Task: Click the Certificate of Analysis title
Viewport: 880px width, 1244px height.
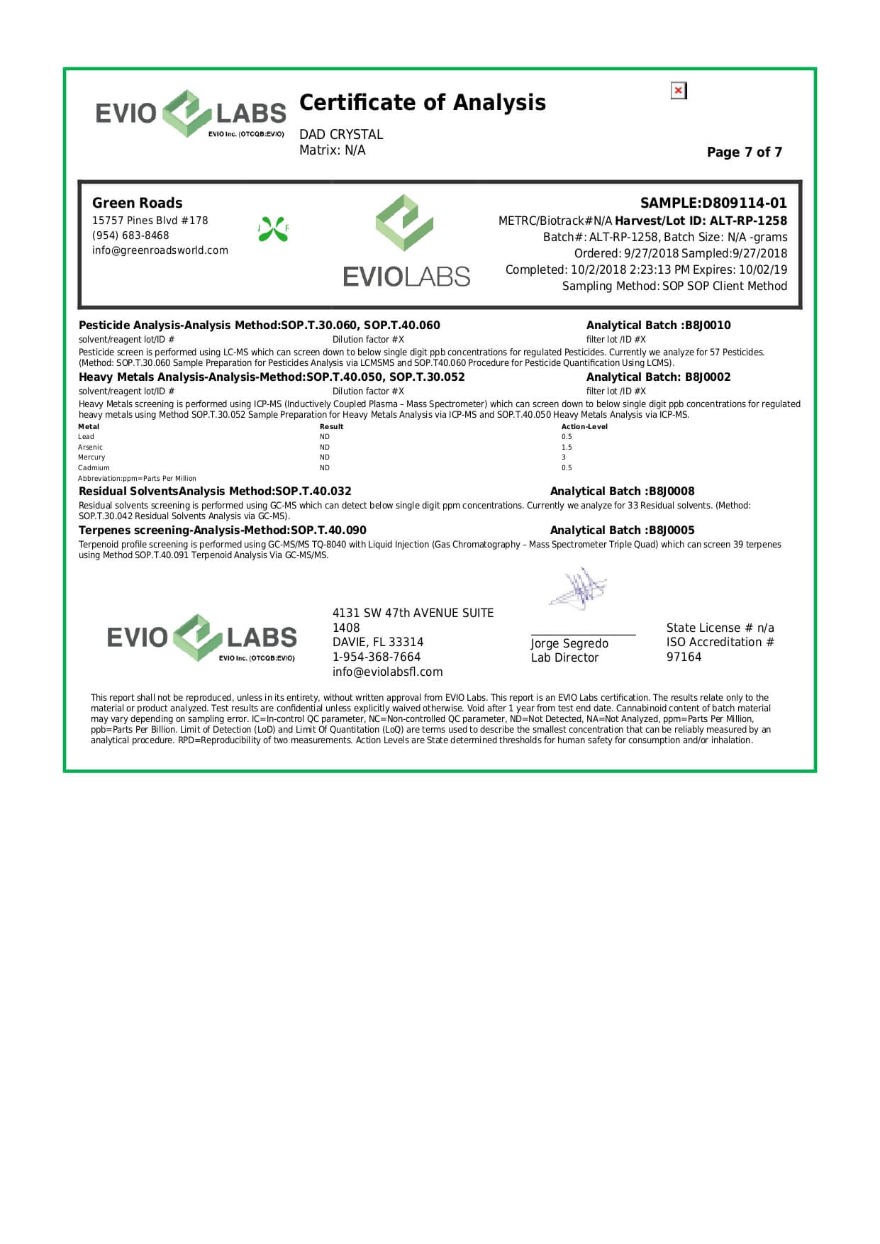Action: (422, 103)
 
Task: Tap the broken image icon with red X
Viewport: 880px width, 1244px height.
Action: (679, 91)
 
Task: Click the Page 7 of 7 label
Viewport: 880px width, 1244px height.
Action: (744, 152)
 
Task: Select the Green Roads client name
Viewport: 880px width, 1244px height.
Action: (137, 203)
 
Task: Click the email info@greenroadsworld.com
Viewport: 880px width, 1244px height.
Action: (160, 250)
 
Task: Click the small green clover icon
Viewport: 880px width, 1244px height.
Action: (273, 229)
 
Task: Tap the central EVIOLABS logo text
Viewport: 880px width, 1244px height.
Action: (406, 277)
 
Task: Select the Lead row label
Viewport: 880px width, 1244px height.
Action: (86, 437)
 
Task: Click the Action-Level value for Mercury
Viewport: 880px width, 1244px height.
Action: (564, 457)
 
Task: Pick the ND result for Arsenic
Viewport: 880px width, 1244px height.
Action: (325, 448)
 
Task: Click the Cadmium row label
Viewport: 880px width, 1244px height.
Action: (94, 468)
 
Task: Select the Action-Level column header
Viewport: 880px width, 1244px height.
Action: (584, 427)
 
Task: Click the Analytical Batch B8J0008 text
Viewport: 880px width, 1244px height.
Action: (622, 492)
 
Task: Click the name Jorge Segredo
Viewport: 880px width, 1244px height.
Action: (569, 643)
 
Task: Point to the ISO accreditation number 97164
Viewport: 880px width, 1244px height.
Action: (684, 657)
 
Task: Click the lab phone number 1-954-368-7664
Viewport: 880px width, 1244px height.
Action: (377, 657)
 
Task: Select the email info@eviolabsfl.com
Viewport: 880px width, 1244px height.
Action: (387, 672)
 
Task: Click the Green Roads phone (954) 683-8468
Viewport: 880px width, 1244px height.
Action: (130, 235)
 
